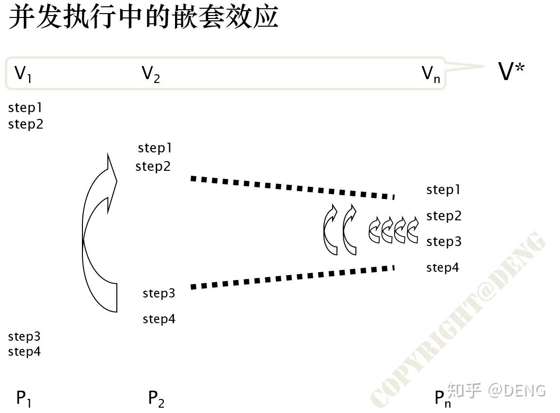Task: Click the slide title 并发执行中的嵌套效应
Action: [x=144, y=17]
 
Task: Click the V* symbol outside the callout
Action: [x=512, y=72]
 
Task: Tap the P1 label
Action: [x=24, y=398]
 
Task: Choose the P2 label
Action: [x=156, y=398]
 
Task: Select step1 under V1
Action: [x=26, y=108]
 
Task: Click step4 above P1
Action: [x=25, y=351]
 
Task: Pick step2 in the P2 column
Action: [x=153, y=166]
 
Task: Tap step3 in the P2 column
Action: [x=159, y=293]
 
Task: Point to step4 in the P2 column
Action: [x=159, y=319]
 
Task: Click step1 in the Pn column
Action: [x=443, y=190]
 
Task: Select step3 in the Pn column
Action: [x=444, y=241]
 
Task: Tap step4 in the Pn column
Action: [x=443, y=267]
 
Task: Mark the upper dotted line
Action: [x=292, y=187]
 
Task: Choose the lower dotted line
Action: [x=292, y=277]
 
